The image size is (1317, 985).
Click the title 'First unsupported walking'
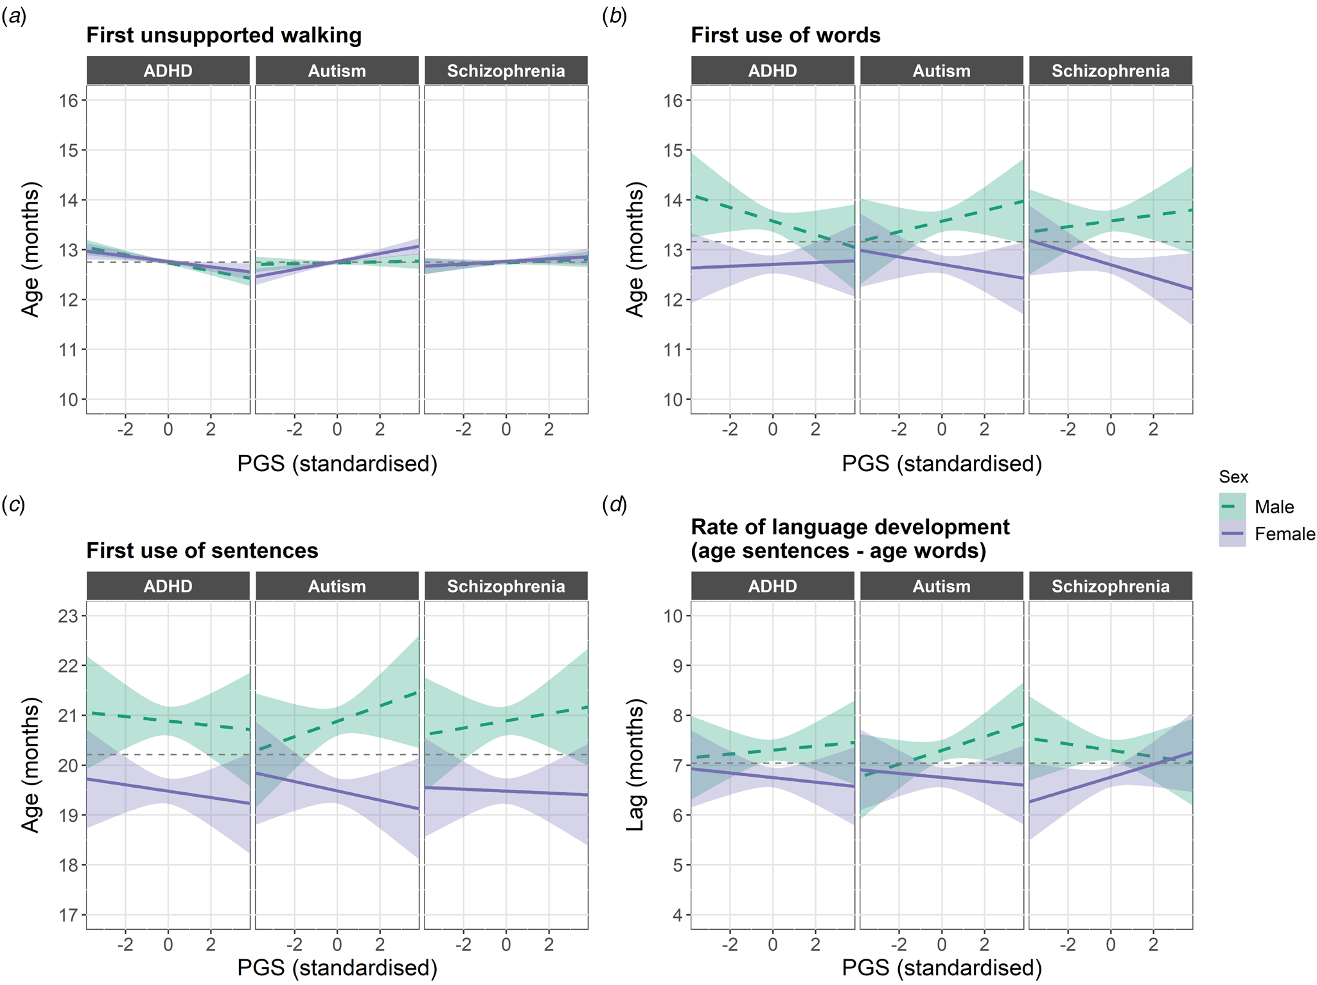(224, 35)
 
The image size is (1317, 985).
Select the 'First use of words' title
(785, 35)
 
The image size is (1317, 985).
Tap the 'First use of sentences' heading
(202, 551)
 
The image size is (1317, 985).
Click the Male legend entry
(1274, 507)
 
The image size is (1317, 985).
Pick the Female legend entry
(1284, 534)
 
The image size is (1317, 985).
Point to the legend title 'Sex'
(1233, 477)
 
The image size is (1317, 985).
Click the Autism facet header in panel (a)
(337, 71)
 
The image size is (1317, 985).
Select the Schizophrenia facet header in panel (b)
(1110, 71)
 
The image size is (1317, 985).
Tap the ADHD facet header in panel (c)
(168, 586)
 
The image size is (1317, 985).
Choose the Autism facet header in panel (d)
(941, 586)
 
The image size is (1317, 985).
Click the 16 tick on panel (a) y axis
(68, 100)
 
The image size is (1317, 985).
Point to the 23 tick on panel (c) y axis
(68, 616)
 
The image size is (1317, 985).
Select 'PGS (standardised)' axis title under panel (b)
(941, 463)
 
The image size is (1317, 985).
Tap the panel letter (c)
(13, 505)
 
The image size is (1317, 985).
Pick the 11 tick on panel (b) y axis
(673, 350)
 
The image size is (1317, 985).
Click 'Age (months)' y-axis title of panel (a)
(30, 249)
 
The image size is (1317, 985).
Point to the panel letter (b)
(614, 17)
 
